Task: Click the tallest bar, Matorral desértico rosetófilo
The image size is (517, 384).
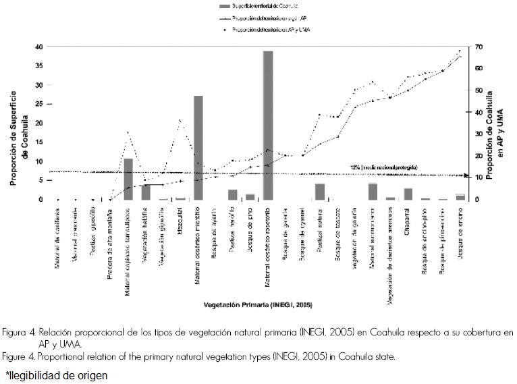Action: (x=268, y=125)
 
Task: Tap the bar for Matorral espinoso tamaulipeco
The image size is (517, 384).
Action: (x=128, y=179)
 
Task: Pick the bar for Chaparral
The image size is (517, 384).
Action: (x=408, y=194)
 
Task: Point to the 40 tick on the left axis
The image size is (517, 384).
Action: (x=39, y=47)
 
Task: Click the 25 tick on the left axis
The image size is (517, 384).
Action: (x=39, y=104)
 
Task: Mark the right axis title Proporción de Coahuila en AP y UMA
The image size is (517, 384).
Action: (x=495, y=123)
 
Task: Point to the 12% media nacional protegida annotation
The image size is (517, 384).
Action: (x=383, y=167)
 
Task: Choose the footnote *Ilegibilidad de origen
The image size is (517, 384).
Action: (x=57, y=374)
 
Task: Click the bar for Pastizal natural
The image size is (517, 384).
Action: (x=320, y=192)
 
